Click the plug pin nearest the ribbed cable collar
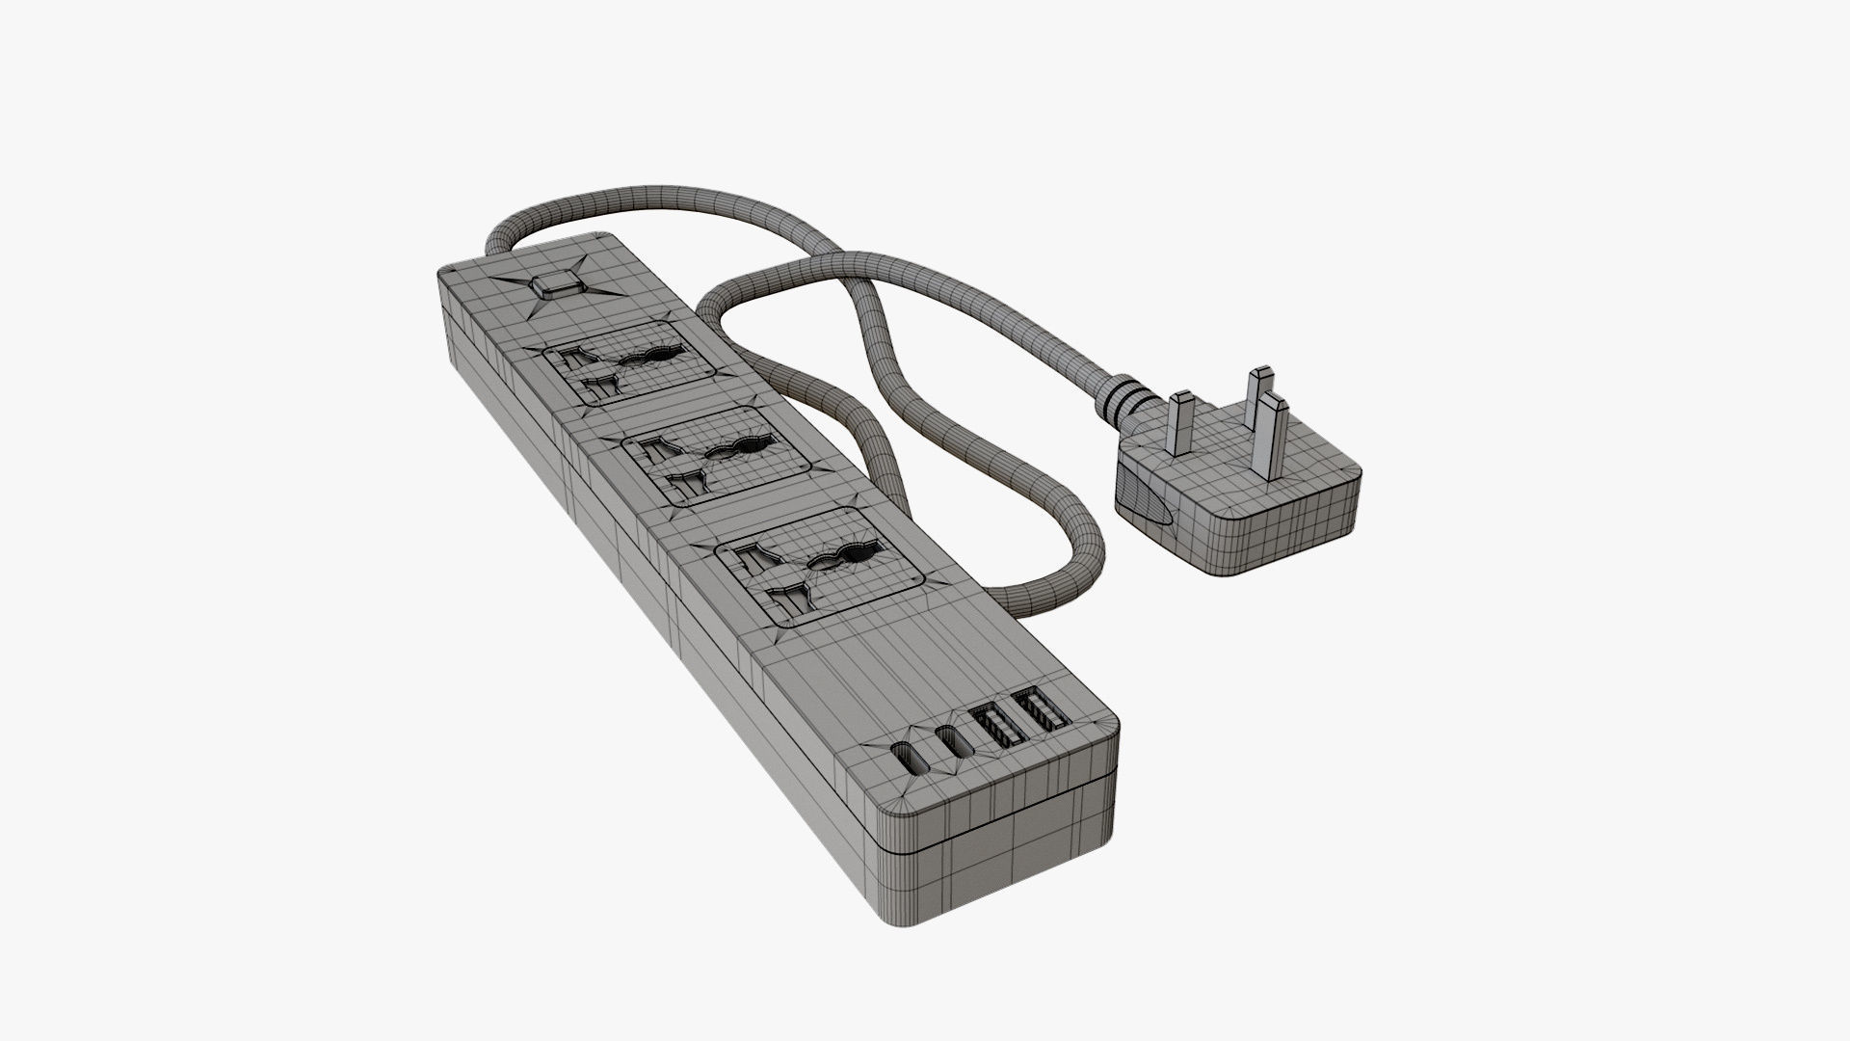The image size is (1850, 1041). click(1181, 425)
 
